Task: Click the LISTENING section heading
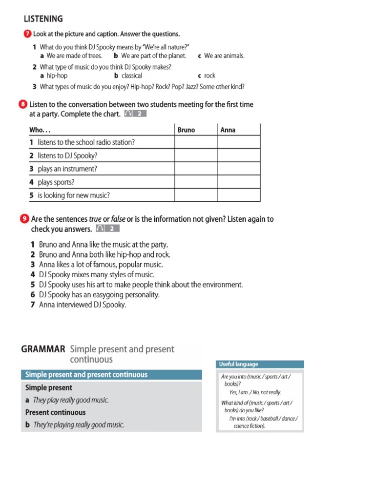(43, 19)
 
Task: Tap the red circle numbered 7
(27, 34)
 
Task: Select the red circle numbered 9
(25, 219)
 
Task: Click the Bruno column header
(186, 130)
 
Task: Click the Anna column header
(228, 130)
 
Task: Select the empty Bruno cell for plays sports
(196, 182)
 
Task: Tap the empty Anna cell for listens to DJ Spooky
(239, 155)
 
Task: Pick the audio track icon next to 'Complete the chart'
(135, 114)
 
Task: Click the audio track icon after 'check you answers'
(107, 229)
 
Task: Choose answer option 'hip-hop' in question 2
(57, 76)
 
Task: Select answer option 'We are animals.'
(224, 56)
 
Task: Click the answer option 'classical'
(131, 76)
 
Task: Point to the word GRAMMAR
(43, 349)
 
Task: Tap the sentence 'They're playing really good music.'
(79, 425)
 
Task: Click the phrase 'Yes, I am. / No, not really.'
(255, 392)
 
